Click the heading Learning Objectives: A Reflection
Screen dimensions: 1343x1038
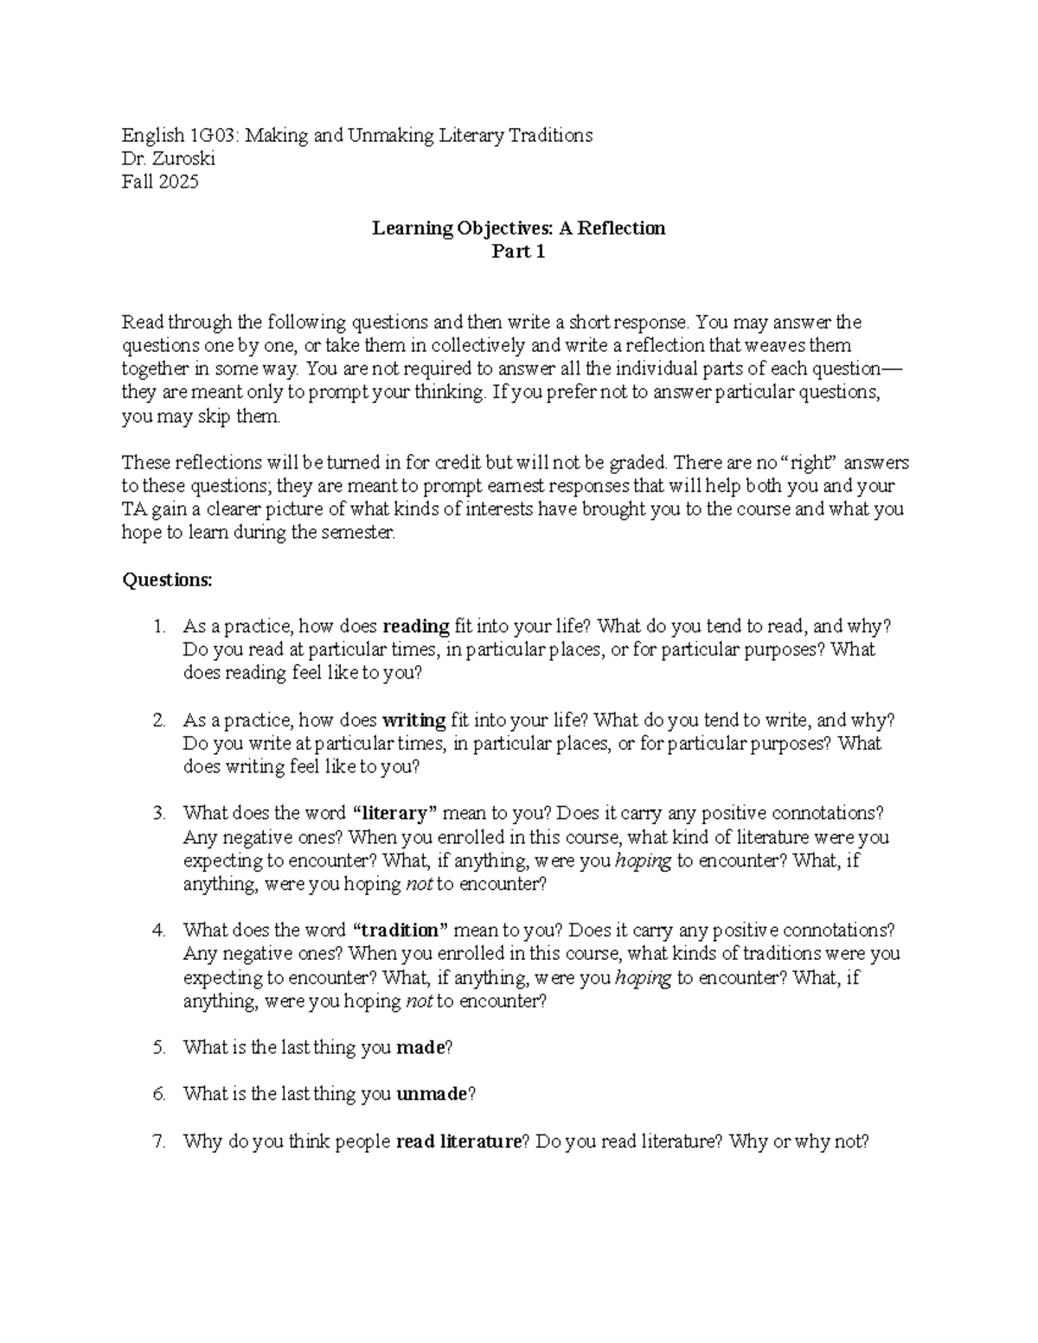click(x=518, y=228)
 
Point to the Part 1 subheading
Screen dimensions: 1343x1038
click(x=518, y=252)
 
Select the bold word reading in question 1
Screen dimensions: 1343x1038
click(x=415, y=626)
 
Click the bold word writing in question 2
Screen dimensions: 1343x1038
click(x=413, y=719)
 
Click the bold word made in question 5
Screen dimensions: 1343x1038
click(x=420, y=1047)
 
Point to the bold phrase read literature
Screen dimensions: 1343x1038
click(x=458, y=1142)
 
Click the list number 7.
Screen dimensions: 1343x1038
click(x=157, y=1142)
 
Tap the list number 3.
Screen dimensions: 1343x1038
click(x=157, y=813)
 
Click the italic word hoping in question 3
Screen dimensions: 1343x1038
click(x=643, y=860)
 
